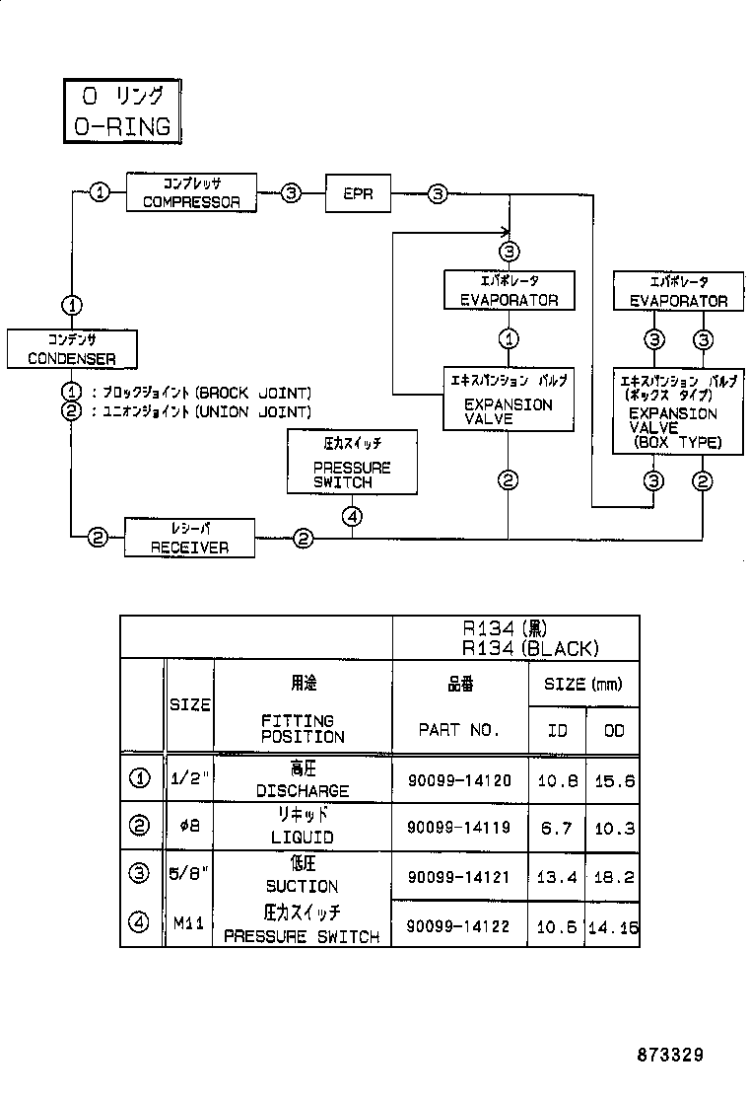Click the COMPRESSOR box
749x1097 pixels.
pyautogui.click(x=191, y=192)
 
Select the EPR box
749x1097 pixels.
pyautogui.click(x=358, y=193)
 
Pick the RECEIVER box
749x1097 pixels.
pyautogui.click(x=190, y=539)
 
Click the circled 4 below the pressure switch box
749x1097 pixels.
pyautogui.click(x=353, y=515)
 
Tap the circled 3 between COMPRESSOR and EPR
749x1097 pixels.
pyautogui.click(x=291, y=193)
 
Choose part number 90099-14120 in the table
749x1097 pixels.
pyautogui.click(x=459, y=780)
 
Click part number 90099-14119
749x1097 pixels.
pyautogui.click(x=459, y=828)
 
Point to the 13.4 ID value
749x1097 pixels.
pyautogui.click(x=558, y=876)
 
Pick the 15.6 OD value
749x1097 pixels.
pyautogui.click(x=614, y=780)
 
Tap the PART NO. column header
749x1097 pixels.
pyautogui.click(x=459, y=730)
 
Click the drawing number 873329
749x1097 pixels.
pyautogui.click(x=669, y=1056)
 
